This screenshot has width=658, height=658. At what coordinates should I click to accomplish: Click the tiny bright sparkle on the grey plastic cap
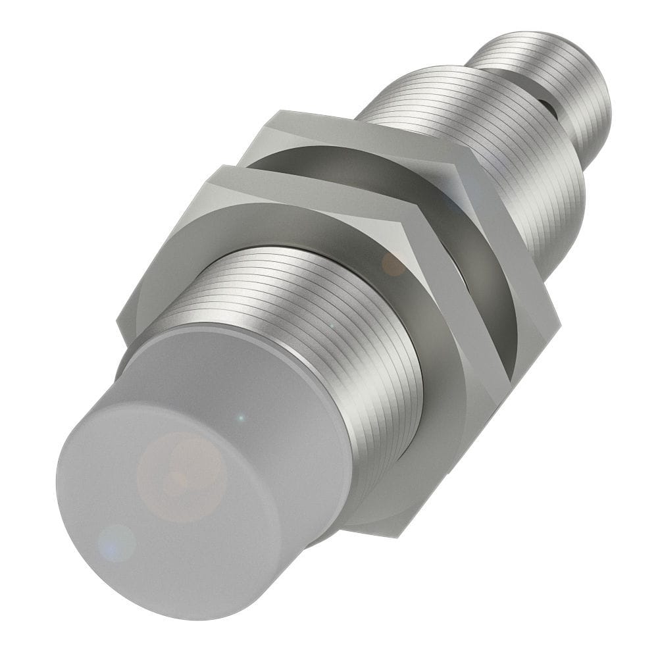click(241, 417)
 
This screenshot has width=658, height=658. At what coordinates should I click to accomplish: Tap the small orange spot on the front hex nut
click(393, 264)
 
